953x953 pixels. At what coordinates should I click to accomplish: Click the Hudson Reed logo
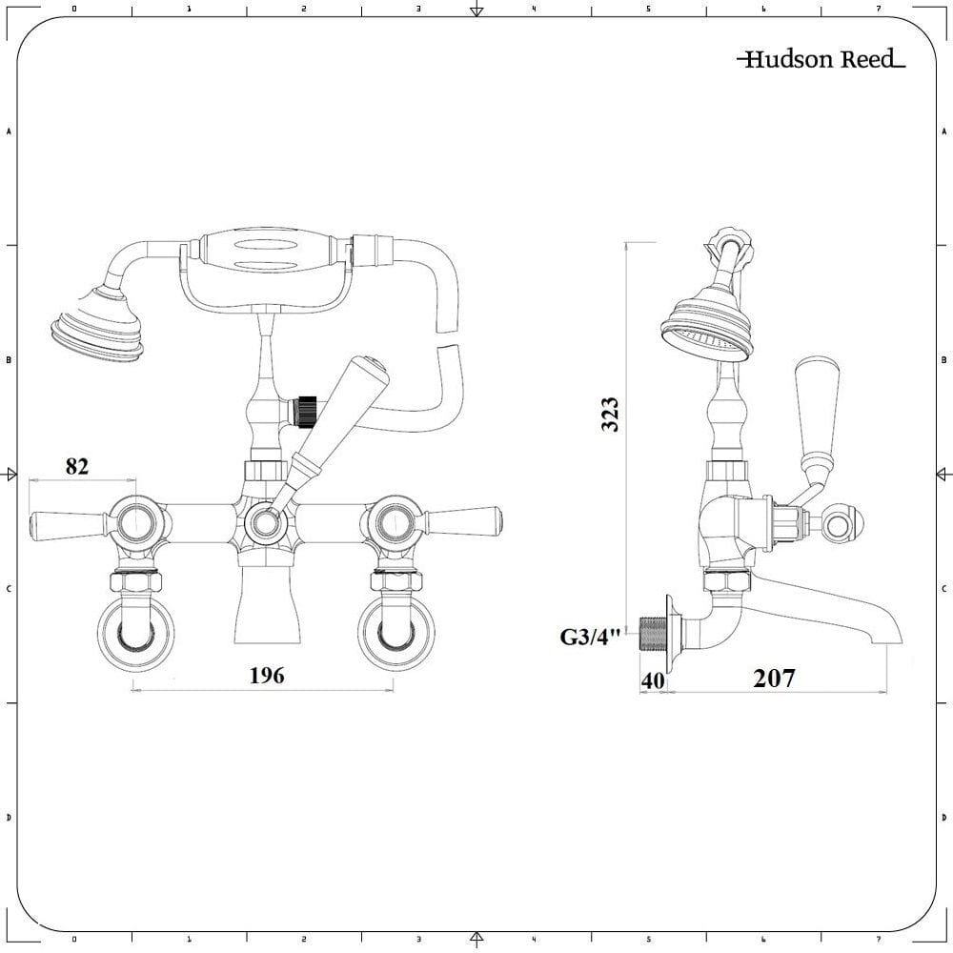(821, 60)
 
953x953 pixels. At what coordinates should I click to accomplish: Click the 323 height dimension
(611, 415)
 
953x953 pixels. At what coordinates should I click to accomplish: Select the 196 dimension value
(267, 676)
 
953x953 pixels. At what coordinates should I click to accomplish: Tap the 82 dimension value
(77, 466)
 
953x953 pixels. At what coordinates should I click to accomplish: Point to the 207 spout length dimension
(773, 679)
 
